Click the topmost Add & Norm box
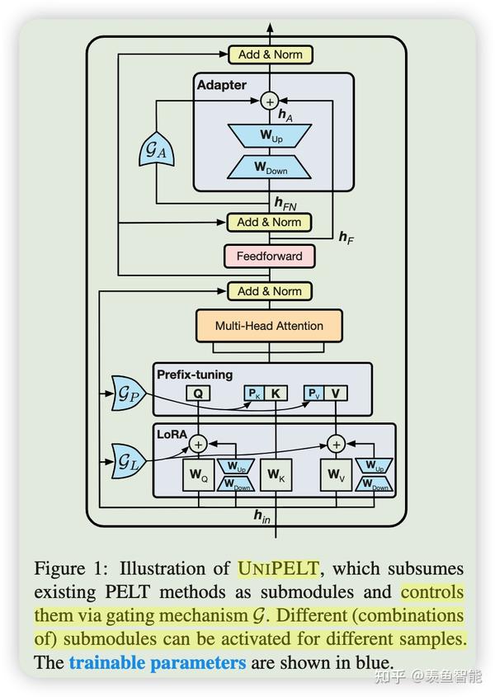(x=271, y=54)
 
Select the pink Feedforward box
(x=270, y=256)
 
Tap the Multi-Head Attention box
(x=269, y=326)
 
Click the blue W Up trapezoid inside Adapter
(x=270, y=135)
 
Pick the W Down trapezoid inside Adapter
(x=269, y=167)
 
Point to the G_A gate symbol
(x=156, y=149)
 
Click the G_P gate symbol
(x=129, y=393)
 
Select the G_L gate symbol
(x=129, y=461)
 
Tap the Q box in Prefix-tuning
(x=198, y=393)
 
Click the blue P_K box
(x=254, y=393)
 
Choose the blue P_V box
(x=314, y=393)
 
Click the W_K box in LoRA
(x=276, y=475)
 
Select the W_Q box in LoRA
(x=198, y=475)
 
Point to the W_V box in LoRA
(x=337, y=475)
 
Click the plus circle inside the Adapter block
(x=270, y=101)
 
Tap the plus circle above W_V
(x=337, y=444)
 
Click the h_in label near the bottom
(x=262, y=516)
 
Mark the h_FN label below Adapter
(x=285, y=203)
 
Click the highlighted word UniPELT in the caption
(x=278, y=568)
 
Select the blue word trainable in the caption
(x=107, y=663)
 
